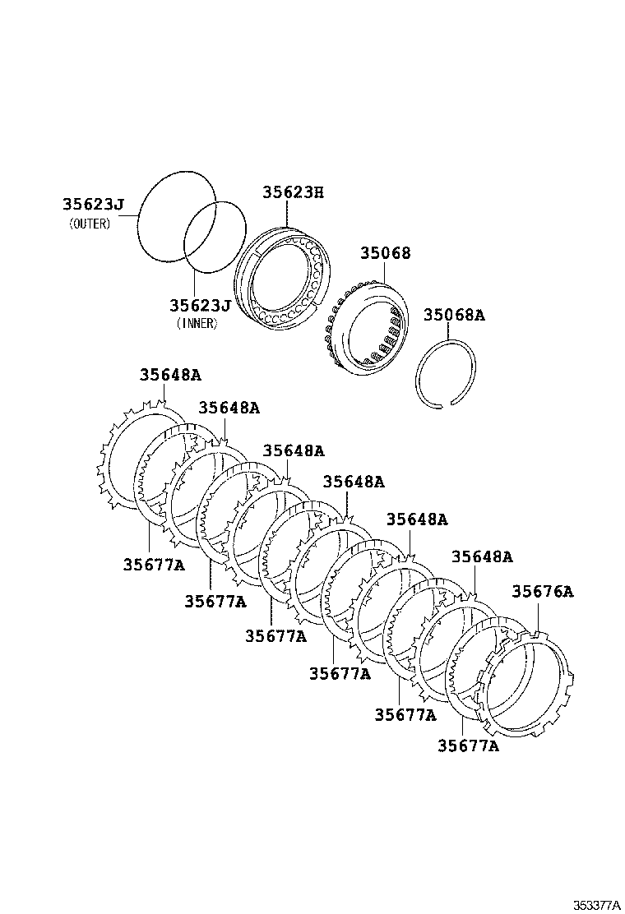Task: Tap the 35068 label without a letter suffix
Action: pyautogui.click(x=386, y=252)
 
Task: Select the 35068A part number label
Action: pyautogui.click(x=454, y=315)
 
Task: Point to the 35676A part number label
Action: pyautogui.click(x=543, y=591)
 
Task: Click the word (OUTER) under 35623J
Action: pyautogui.click(x=90, y=224)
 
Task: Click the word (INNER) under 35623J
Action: pyautogui.click(x=197, y=324)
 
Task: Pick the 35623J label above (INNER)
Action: pyautogui.click(x=201, y=305)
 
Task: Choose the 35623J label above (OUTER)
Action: pyautogui.click(x=93, y=204)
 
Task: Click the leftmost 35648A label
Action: pyautogui.click(x=170, y=374)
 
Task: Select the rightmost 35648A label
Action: pyautogui.click(x=482, y=556)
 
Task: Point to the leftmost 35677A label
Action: pyautogui.click(x=154, y=564)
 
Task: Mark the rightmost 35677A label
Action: pyautogui.click(x=469, y=745)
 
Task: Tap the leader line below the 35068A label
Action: pyautogui.click(x=448, y=332)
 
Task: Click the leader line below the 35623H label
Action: pyautogui.click(x=288, y=214)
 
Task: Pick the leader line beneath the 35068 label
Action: pyautogui.click(x=385, y=272)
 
